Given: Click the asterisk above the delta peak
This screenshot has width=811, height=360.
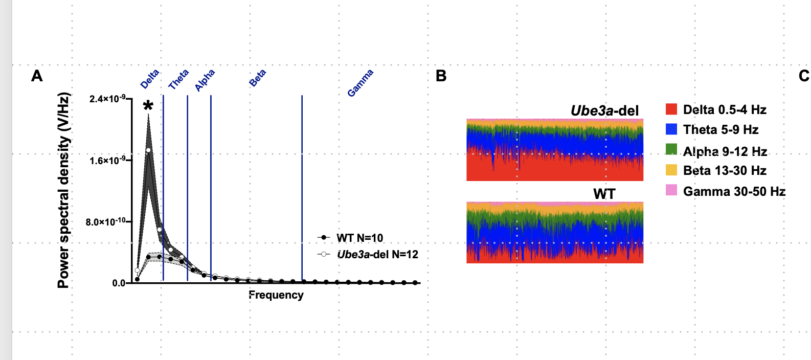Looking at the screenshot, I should click(148, 106).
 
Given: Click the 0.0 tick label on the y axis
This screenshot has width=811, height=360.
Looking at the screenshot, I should click(119, 283).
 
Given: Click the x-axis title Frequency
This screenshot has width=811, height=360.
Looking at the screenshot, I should click(276, 295).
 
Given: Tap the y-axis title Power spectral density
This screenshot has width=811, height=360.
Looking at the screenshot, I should click(63, 190).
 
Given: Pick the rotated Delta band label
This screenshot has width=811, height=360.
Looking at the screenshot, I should click(150, 79).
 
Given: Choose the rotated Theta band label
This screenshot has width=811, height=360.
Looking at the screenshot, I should click(178, 79).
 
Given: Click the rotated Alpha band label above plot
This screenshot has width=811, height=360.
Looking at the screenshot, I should click(205, 80).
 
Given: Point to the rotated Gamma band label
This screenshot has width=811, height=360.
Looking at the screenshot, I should click(360, 83).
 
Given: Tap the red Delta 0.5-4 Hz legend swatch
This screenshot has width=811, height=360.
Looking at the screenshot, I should click(671, 109).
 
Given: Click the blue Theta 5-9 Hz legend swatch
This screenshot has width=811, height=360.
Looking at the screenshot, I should click(671, 129).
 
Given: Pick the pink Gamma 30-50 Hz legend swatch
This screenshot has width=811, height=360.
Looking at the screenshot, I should click(671, 190).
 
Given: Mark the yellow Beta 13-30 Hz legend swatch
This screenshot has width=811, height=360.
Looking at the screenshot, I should click(671, 170).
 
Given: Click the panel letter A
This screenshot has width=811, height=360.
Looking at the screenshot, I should click(37, 76).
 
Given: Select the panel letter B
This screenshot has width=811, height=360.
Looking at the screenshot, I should click(441, 76).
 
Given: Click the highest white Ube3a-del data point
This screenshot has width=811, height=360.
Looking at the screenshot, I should click(148, 150).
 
